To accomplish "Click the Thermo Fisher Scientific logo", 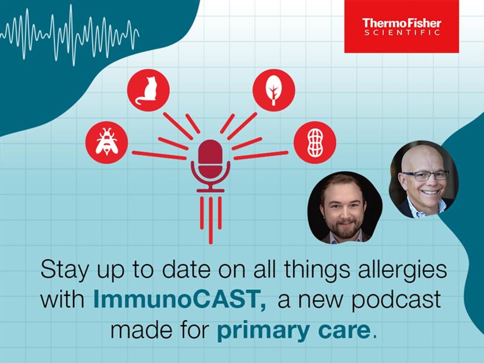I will click(x=401, y=26).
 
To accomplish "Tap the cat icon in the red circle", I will click(x=148, y=90).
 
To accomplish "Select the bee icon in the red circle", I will click(x=107, y=142).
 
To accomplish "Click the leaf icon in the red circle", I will click(x=274, y=90).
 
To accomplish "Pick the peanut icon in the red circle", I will click(x=314, y=142).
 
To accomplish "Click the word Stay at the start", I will click(x=64, y=270).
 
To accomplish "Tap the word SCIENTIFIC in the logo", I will click(x=402, y=33).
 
